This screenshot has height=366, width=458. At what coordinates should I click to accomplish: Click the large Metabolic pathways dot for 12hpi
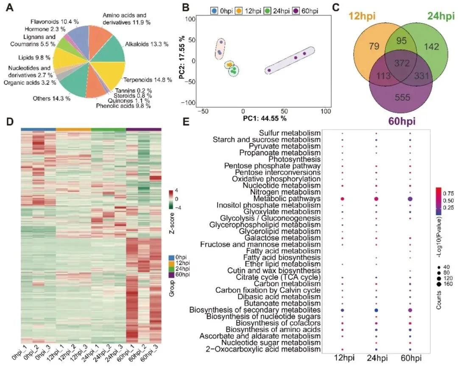pos(342,199)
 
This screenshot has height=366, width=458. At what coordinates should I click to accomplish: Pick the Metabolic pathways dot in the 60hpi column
pos(410,199)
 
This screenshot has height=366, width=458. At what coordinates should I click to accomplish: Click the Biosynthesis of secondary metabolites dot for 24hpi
pos(376,310)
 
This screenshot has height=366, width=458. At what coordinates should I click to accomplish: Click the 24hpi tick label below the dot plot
pos(377,358)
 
